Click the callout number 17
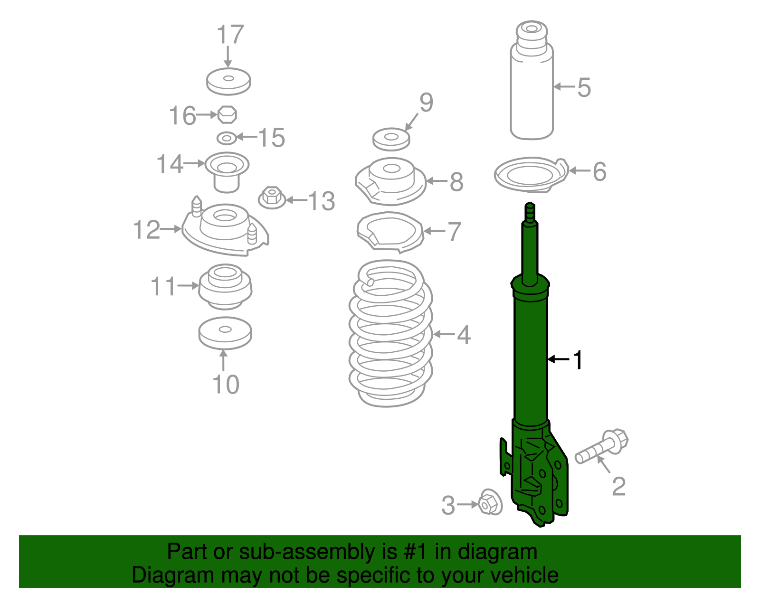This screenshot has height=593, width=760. (230, 35)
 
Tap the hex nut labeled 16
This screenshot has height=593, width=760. (227, 114)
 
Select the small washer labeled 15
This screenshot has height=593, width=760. (227, 138)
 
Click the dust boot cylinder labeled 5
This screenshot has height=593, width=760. (532, 90)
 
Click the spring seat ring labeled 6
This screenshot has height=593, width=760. (531, 174)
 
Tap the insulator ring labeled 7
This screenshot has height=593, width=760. (389, 232)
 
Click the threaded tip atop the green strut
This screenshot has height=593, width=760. (530, 212)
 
